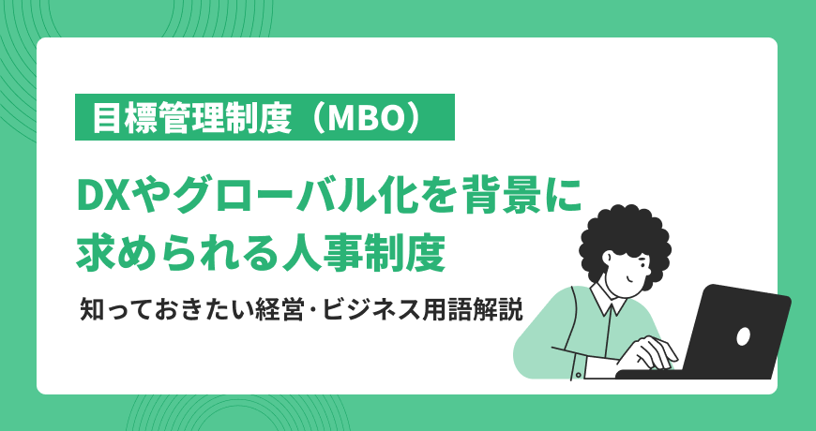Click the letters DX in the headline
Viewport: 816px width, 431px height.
(x=103, y=198)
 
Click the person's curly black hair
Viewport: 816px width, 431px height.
(x=626, y=238)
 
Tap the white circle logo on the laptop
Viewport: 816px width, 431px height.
(x=743, y=336)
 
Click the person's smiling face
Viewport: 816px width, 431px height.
(x=628, y=272)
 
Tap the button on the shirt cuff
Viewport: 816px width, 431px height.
(x=579, y=374)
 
